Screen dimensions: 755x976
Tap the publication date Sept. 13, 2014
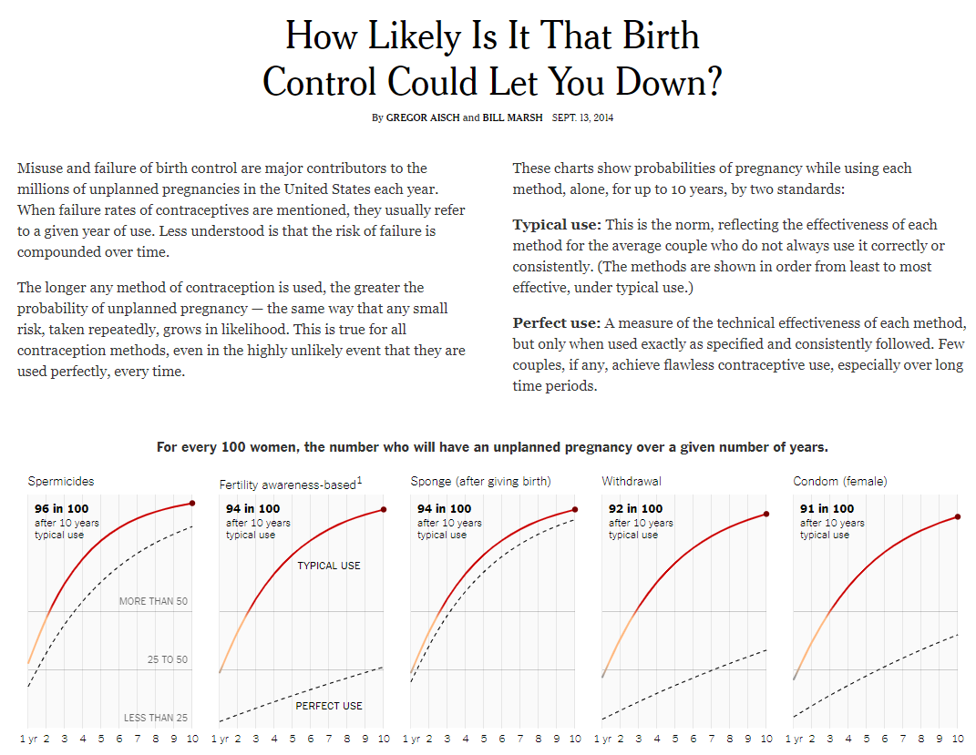click(583, 117)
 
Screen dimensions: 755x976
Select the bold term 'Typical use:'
click(557, 225)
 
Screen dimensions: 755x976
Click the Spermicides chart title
click(61, 481)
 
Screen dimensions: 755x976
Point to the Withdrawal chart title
click(632, 481)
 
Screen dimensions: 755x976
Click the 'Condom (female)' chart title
click(840, 481)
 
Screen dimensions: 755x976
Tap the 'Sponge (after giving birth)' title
click(480, 481)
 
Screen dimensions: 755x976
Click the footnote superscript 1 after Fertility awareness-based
click(360, 479)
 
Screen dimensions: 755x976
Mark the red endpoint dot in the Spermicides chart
click(192, 503)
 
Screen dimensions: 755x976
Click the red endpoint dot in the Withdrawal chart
click(766, 515)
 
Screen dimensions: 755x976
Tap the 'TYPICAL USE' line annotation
click(329, 566)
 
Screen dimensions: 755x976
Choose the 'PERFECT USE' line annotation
click(329, 706)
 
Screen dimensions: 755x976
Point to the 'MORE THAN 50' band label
click(153, 601)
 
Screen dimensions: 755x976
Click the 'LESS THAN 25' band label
click(156, 718)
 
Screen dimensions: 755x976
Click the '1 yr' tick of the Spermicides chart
click(28, 739)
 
